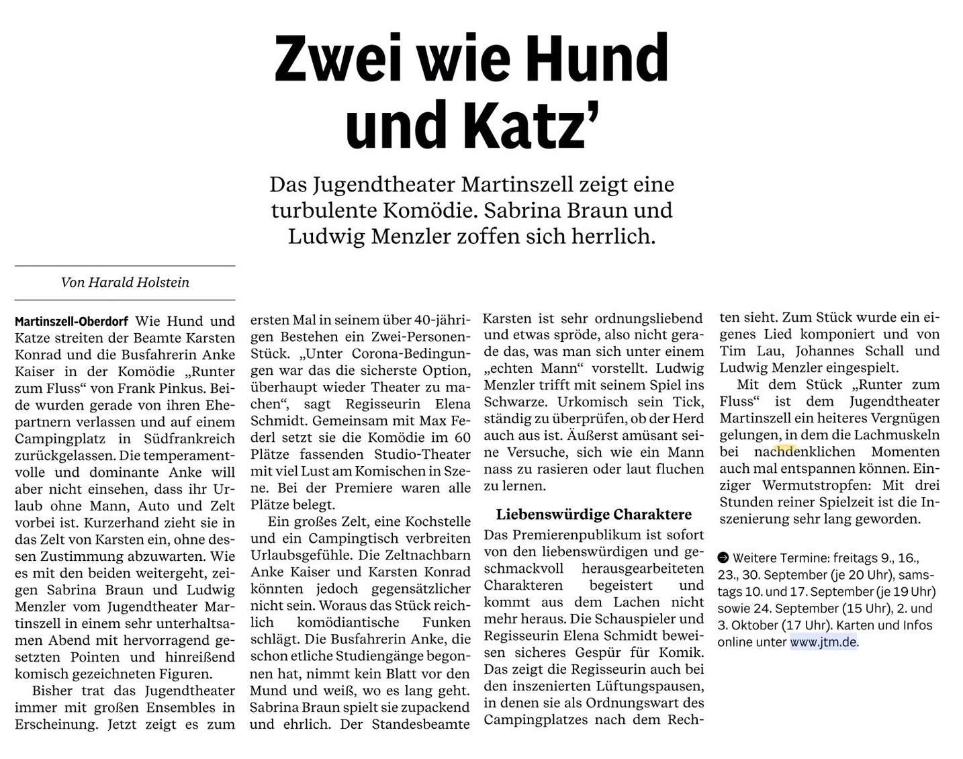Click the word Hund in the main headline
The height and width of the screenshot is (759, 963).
[x=596, y=58]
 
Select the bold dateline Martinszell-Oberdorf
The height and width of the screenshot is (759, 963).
[x=72, y=322]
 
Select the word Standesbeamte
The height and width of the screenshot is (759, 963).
[x=421, y=724]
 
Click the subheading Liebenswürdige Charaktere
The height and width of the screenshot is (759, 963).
[x=594, y=515]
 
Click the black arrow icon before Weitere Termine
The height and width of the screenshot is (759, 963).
[x=723, y=557]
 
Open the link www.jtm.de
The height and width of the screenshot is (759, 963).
[x=823, y=642]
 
